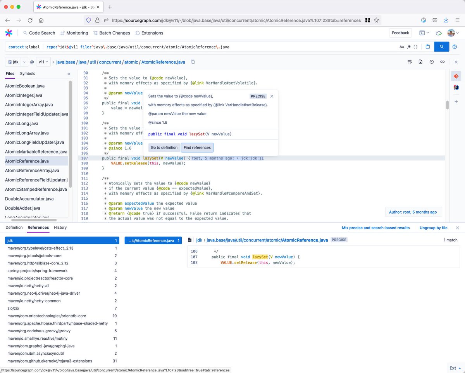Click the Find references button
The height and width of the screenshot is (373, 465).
(x=197, y=147)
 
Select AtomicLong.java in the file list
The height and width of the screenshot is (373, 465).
(x=22, y=124)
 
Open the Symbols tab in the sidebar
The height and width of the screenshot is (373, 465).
(x=28, y=74)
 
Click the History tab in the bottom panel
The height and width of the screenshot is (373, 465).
(x=60, y=228)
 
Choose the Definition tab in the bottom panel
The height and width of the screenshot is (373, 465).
(x=14, y=228)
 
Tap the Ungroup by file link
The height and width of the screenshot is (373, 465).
(x=433, y=228)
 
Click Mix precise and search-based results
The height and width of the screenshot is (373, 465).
(x=375, y=228)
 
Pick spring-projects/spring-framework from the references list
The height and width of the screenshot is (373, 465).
(x=37, y=271)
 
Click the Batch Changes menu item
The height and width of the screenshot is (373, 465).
(x=112, y=33)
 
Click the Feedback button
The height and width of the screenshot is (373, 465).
(x=400, y=33)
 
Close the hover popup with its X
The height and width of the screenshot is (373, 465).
(x=272, y=96)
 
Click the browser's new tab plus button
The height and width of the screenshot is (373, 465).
(x=110, y=7)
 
